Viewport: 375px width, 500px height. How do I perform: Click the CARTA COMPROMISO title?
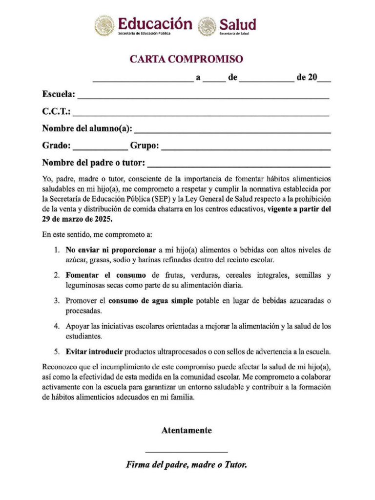tap(186, 60)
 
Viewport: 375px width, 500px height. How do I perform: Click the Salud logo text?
tap(237, 24)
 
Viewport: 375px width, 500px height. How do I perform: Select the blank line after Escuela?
tap(203, 98)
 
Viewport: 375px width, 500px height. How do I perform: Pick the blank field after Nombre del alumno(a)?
tap(232, 132)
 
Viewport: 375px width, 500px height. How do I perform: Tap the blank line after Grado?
tap(100, 149)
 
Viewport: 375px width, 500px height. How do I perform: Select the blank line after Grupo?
tap(246, 149)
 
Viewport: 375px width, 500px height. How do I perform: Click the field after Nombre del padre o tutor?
tap(239, 166)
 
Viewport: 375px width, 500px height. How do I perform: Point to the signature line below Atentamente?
tap(187, 452)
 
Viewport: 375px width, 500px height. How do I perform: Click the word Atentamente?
tap(187, 430)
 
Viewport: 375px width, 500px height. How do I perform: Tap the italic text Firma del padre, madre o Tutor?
tap(187, 465)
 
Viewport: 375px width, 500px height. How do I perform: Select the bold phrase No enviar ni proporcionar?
tap(111, 250)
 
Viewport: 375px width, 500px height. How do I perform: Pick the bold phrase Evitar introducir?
tap(94, 351)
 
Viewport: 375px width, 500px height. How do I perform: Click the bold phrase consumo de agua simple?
tap(151, 301)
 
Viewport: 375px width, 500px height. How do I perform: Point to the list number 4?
tap(56, 326)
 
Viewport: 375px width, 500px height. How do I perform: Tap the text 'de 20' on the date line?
tap(307, 77)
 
